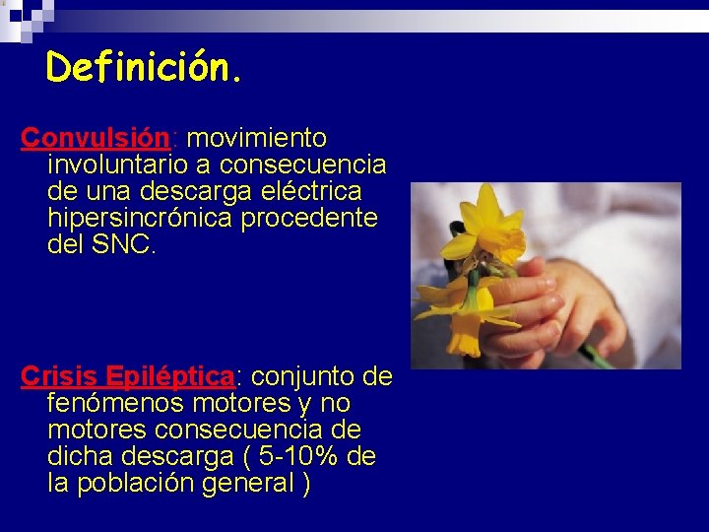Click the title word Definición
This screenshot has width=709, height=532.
(144, 67)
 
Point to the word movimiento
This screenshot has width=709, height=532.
(263, 137)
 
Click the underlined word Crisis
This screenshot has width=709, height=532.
(59, 376)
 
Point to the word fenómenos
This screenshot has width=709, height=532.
(113, 404)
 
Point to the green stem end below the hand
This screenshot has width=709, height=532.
(597, 357)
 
